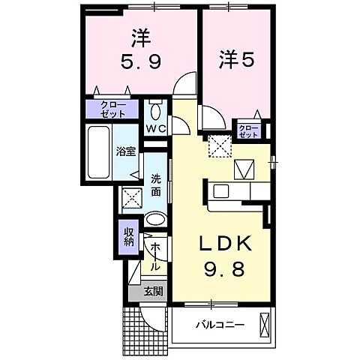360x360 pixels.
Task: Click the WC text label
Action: (155, 128)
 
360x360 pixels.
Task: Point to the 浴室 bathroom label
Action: (125, 151)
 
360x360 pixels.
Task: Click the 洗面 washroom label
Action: (155, 185)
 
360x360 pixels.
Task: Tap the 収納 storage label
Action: (128, 235)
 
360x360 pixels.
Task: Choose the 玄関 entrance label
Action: (154, 292)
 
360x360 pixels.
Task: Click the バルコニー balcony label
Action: (216, 325)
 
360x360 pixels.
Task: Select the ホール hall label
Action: (154, 256)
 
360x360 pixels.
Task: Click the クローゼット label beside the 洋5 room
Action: (248, 131)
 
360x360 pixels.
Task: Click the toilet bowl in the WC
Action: (155, 112)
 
